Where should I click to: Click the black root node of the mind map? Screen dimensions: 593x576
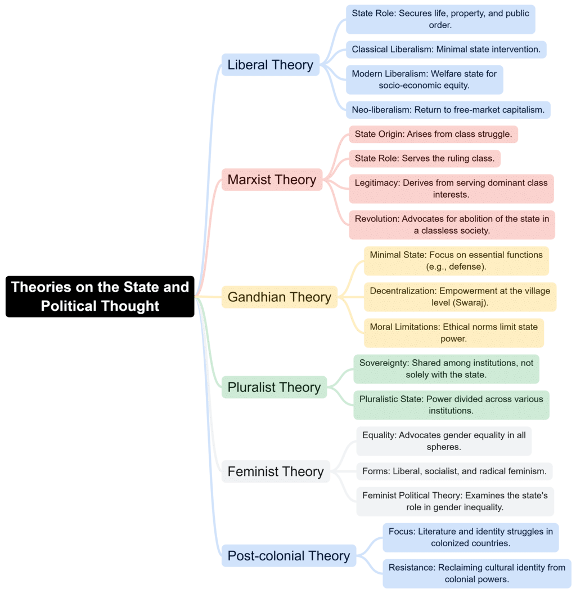click(100, 296)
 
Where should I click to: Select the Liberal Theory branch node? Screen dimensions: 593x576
click(270, 65)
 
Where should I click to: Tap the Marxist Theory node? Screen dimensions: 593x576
click(272, 180)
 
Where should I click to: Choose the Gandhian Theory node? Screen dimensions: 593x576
click(279, 297)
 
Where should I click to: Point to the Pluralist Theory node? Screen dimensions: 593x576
click(274, 387)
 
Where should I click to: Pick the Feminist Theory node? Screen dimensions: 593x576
click(276, 471)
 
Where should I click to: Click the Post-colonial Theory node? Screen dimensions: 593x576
click(289, 556)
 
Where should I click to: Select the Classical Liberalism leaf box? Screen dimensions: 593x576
click(445, 50)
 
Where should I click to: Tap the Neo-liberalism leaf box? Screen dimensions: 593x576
click(448, 110)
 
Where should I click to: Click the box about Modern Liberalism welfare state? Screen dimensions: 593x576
click(424, 79)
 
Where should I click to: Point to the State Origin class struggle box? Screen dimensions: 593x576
click(433, 134)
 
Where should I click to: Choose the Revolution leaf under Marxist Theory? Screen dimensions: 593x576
click(452, 225)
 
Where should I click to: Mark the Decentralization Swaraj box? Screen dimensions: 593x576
click(460, 297)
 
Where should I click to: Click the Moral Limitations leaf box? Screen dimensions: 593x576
click(453, 333)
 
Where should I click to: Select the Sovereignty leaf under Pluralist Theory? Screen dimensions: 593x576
click(446, 369)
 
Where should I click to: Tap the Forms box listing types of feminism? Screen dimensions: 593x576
click(454, 471)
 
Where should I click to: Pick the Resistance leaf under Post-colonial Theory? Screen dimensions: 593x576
click(476, 573)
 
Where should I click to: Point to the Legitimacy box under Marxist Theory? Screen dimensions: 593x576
click(451, 189)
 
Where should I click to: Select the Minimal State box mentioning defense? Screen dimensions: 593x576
click(456, 261)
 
